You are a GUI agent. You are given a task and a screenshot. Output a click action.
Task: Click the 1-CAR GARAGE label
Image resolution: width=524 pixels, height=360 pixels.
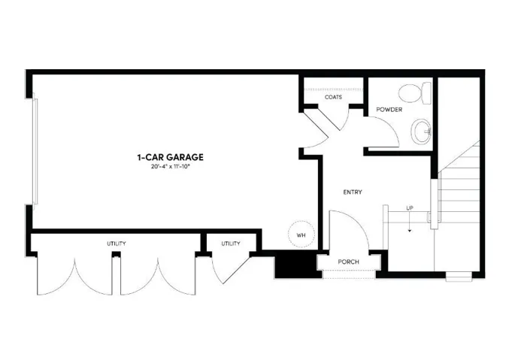(x=170, y=157)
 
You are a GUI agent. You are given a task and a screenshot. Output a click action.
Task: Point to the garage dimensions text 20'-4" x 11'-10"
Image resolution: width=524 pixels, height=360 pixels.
(x=170, y=166)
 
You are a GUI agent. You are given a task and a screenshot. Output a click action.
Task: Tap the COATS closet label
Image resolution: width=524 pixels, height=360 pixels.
(x=334, y=98)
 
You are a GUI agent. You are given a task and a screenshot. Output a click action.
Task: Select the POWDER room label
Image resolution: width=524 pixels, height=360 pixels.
(x=389, y=110)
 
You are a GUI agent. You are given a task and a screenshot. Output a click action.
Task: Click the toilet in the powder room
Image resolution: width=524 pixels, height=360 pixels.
(x=414, y=93)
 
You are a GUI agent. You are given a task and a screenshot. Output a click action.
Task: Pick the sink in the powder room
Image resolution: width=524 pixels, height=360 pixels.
(x=422, y=132)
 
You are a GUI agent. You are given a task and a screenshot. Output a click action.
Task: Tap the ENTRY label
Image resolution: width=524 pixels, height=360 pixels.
(x=353, y=192)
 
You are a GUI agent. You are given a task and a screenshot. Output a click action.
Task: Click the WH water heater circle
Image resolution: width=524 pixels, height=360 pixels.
(x=301, y=234)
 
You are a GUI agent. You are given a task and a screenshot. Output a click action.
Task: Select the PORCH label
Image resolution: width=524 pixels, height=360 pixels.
(x=348, y=262)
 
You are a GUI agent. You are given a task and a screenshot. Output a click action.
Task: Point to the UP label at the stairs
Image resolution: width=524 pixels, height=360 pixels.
(x=410, y=207)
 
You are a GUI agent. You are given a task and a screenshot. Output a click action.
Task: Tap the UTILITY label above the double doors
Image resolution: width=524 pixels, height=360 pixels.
(x=116, y=244)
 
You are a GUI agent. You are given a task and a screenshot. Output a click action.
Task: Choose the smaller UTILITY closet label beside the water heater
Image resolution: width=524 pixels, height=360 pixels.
(x=231, y=244)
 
